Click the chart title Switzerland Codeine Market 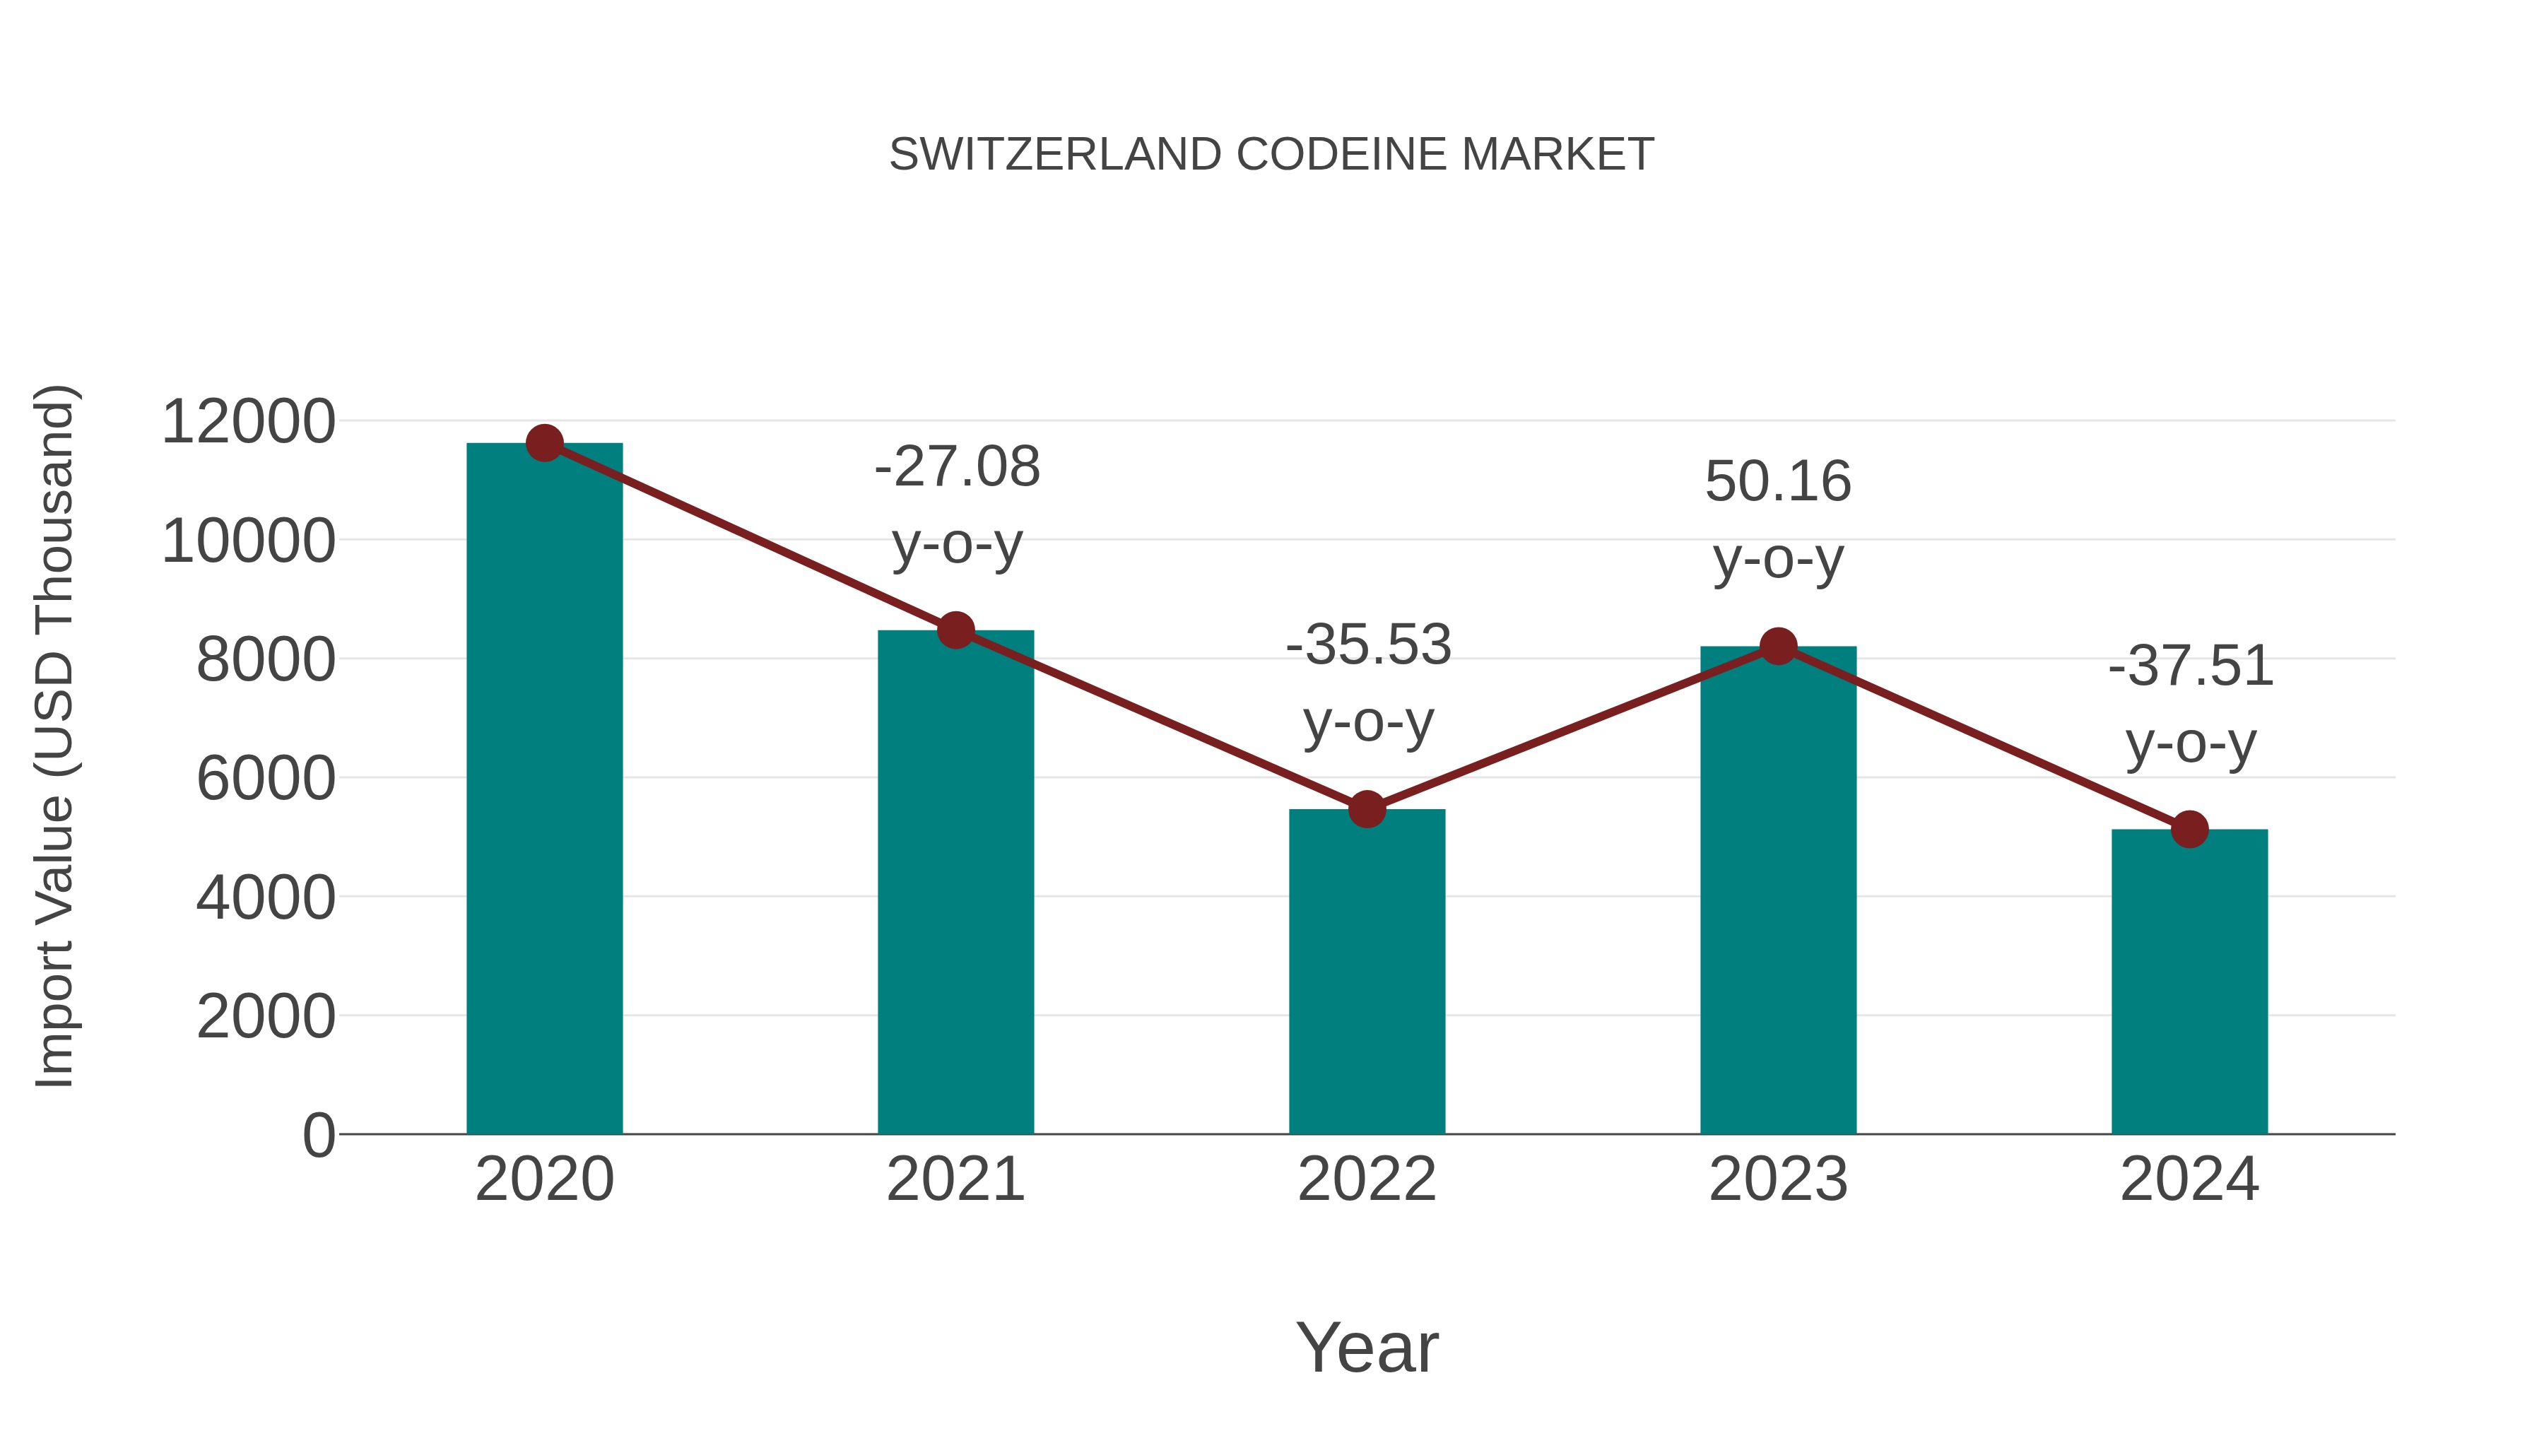tap(1271, 155)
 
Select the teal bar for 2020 tap(544, 790)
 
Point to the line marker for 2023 tap(1778, 647)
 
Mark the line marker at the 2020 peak tap(544, 443)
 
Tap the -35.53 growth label tap(1368, 683)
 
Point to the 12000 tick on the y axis tap(248, 422)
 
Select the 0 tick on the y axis tap(318, 1135)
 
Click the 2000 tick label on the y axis tap(266, 1016)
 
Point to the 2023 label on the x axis tap(1778, 1179)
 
